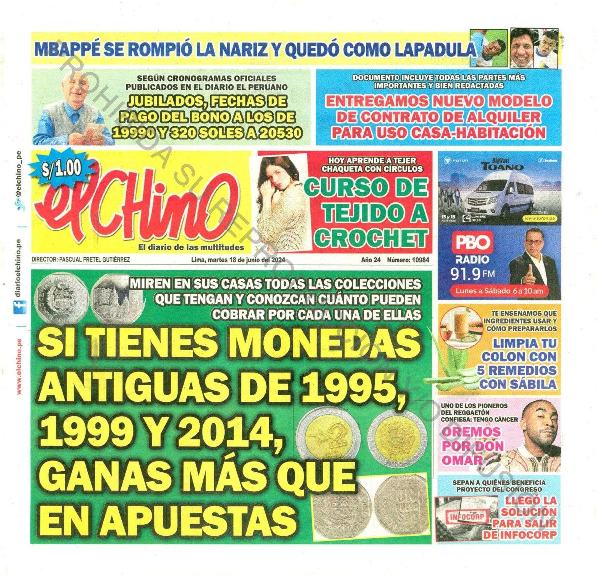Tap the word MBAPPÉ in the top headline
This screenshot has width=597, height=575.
point(67,50)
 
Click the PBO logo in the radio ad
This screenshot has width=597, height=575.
point(472,243)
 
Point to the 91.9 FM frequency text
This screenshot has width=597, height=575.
point(472,273)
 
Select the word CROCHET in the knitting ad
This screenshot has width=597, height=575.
point(371,238)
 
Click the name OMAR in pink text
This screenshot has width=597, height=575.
point(462,460)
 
